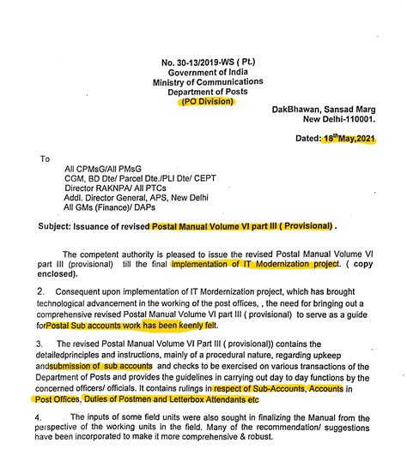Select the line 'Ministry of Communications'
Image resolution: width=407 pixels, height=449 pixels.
point(203,82)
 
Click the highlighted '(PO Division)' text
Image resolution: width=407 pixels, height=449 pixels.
point(205,102)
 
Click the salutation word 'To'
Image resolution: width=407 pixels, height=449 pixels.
point(46,159)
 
